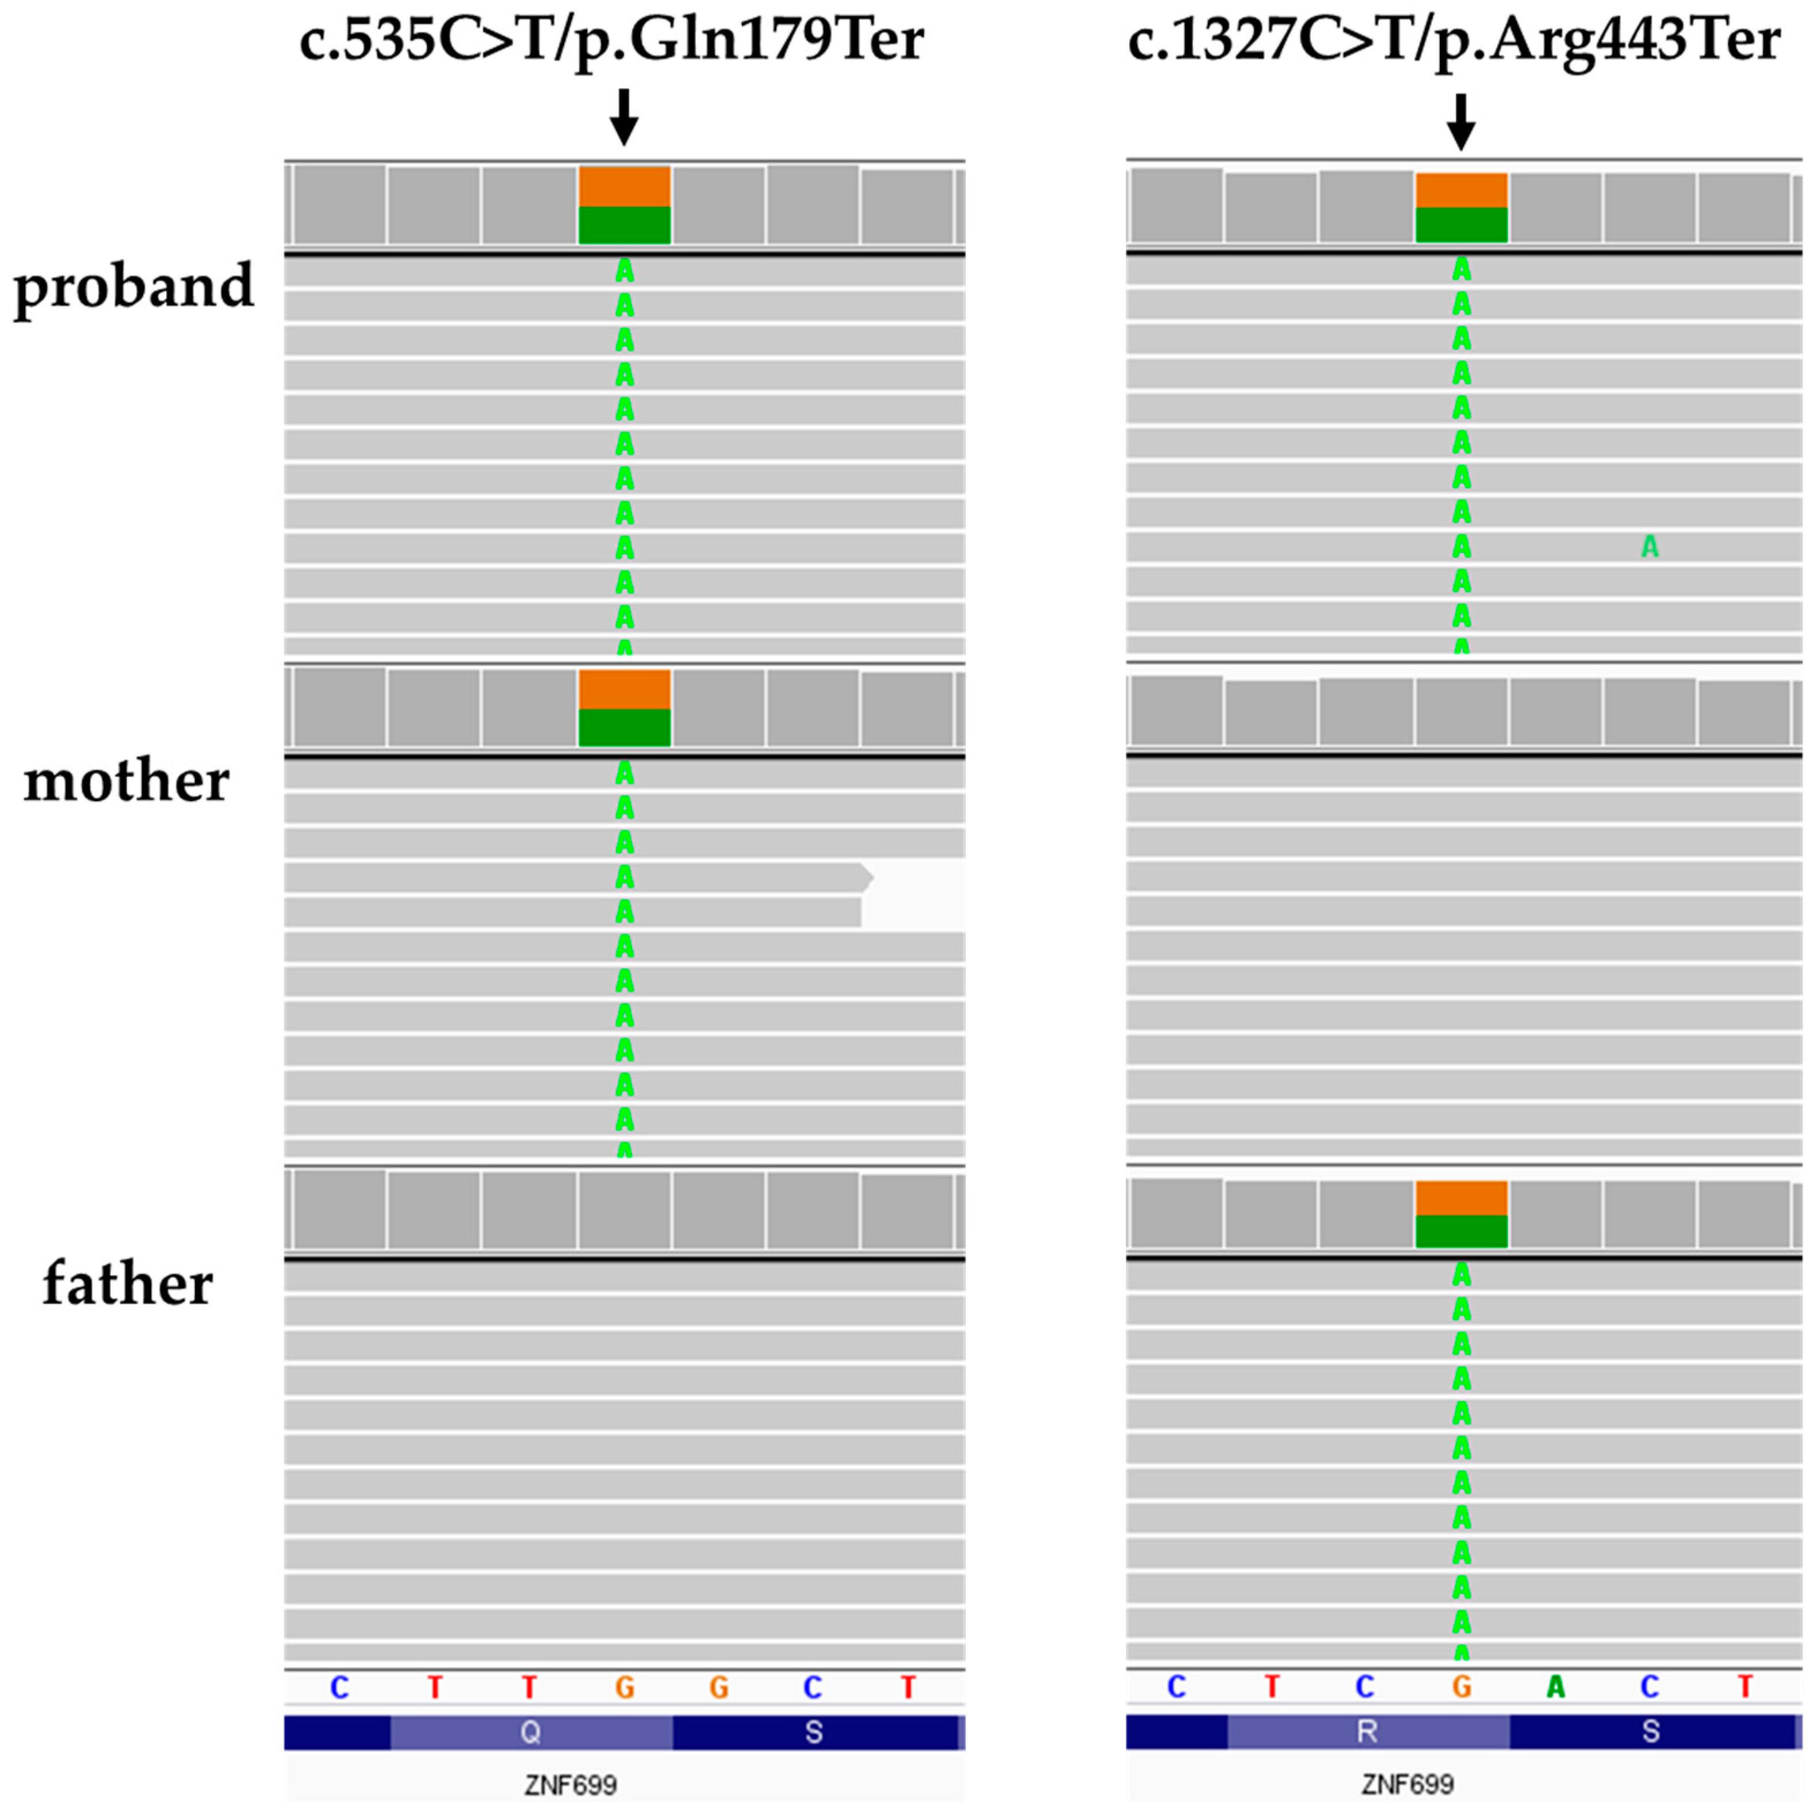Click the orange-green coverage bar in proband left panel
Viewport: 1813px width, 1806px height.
pos(624,205)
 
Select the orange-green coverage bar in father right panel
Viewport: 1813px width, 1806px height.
pos(1461,1214)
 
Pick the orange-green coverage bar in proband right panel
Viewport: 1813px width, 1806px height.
pos(1461,207)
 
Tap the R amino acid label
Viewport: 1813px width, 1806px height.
pos(1367,1731)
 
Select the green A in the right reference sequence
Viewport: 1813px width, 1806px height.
pos(1555,1687)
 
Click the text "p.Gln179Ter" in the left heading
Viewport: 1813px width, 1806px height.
pos(749,42)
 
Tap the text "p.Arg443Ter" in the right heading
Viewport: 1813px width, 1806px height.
pos(1608,42)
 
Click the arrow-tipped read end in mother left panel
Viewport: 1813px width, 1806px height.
pos(865,878)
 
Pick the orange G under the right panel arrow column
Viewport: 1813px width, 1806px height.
pos(1461,1687)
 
